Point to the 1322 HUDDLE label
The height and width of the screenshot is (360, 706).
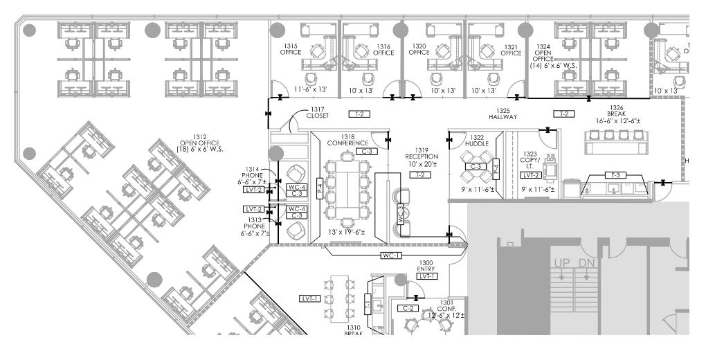[476, 141]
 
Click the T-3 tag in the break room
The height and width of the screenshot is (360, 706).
[613, 175]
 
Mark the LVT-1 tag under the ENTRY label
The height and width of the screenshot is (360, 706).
[427, 276]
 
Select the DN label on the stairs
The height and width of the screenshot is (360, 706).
[587, 263]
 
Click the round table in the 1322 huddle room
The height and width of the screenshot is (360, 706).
[476, 166]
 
